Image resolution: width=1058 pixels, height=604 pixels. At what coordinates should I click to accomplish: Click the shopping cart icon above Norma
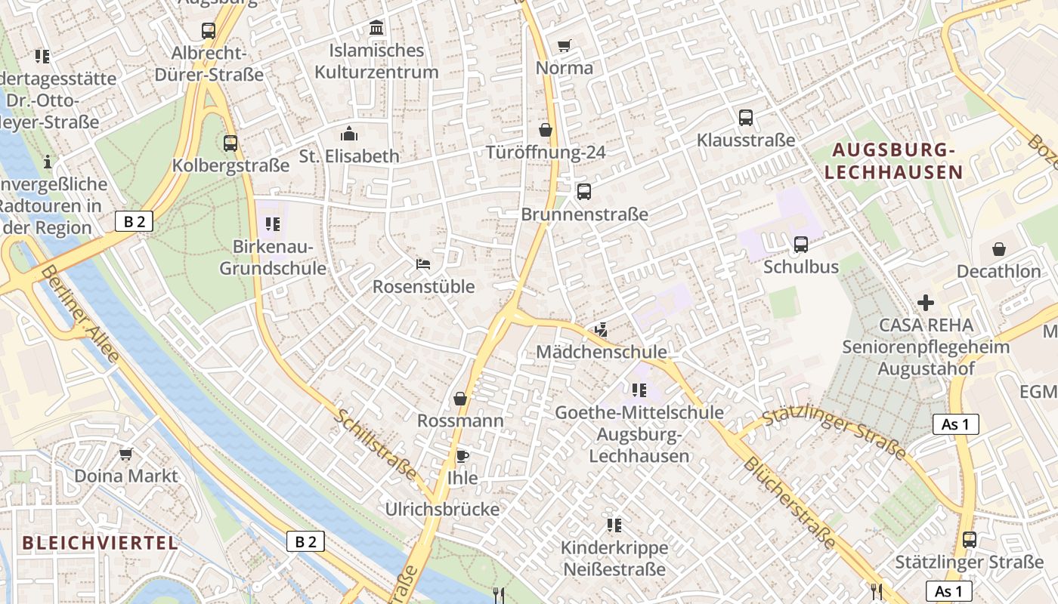(564, 46)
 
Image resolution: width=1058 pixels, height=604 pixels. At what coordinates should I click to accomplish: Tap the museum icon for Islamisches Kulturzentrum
(376, 29)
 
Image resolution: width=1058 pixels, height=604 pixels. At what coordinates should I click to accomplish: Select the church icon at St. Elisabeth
(349, 134)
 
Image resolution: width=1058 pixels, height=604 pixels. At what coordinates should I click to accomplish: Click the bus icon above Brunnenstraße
(584, 192)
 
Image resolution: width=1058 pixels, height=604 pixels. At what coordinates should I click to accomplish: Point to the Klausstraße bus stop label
(746, 140)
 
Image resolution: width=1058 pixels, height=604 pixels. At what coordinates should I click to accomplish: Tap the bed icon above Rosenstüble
(423, 264)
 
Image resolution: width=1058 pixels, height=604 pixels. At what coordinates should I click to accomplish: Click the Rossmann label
(460, 421)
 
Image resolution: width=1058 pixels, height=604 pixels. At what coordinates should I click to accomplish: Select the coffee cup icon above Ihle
(462, 456)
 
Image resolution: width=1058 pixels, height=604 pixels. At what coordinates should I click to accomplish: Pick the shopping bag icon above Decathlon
(999, 249)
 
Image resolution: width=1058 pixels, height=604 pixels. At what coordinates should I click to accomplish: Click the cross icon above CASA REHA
(926, 303)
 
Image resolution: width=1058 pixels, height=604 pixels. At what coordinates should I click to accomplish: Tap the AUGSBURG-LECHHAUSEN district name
(894, 162)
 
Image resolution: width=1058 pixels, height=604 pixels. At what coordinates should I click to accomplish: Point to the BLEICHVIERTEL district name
(101, 543)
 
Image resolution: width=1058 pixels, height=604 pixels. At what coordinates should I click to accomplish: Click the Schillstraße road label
(376, 445)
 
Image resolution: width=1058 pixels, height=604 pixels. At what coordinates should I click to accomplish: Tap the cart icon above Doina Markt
(126, 454)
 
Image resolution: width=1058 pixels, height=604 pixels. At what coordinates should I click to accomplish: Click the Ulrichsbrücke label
(442, 510)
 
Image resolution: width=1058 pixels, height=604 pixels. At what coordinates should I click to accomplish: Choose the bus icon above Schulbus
(800, 245)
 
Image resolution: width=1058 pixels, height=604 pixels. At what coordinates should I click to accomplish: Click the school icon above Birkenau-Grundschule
(273, 224)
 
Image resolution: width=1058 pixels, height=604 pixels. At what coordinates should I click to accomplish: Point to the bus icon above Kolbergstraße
(230, 143)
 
